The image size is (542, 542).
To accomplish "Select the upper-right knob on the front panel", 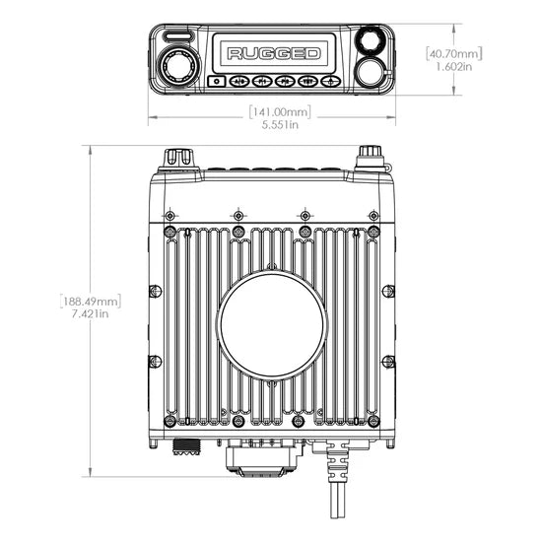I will tap(370, 42).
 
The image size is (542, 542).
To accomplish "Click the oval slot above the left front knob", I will tap(177, 35).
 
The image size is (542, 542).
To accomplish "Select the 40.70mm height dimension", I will tap(453, 53).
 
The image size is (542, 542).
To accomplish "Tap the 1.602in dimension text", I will tap(454, 66).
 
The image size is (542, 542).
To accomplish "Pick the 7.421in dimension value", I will tap(90, 313).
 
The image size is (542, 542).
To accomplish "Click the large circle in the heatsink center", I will tap(271, 324).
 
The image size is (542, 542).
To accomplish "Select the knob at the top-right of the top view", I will tap(370, 156).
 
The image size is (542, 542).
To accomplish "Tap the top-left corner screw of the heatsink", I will tap(171, 231).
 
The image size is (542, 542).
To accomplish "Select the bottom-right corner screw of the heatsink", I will tap(372, 422).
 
